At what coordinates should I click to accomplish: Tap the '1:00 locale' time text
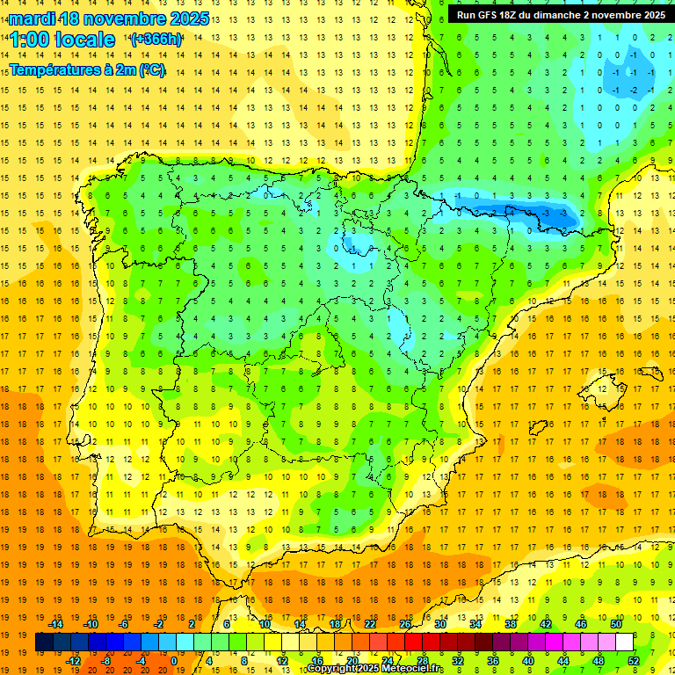click(62, 40)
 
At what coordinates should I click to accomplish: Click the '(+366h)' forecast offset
click(156, 40)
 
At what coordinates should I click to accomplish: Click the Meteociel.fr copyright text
click(374, 669)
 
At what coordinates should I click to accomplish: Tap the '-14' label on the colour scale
click(55, 624)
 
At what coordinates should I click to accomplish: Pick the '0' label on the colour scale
click(173, 661)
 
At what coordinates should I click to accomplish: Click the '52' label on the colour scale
click(633, 661)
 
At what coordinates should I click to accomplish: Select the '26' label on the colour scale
click(405, 624)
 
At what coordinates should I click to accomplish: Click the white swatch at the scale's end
click(624, 642)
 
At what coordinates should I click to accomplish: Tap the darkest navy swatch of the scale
click(44, 642)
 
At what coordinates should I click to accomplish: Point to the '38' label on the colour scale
click(511, 624)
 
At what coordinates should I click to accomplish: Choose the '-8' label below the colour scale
click(105, 661)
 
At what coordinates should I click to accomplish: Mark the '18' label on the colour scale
click(335, 624)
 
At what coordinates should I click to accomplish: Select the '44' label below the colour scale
click(562, 661)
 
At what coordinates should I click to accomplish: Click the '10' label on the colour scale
click(265, 624)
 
